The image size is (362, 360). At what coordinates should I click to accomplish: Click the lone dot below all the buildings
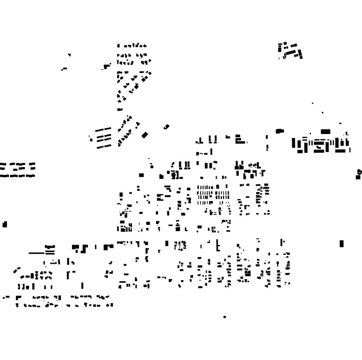pyautogui.click(x=225, y=317)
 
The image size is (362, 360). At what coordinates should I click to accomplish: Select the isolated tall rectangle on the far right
pyautogui.click(x=342, y=244)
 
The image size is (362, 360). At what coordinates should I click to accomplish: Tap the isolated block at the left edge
pyautogui.click(x=5, y=224)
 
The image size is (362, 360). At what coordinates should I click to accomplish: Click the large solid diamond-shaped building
pyautogui.click(x=145, y=135)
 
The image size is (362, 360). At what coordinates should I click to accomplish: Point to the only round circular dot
pyautogui.click(x=152, y=166)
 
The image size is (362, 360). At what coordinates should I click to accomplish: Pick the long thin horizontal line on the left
pyautogui.click(x=37, y=253)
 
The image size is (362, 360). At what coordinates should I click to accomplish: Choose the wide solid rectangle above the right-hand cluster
pyautogui.click(x=325, y=132)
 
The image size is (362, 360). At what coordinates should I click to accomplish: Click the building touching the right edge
pyautogui.click(x=359, y=174)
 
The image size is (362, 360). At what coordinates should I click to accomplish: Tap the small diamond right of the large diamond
pyautogui.click(x=167, y=127)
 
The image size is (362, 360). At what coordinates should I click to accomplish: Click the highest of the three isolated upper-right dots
pyautogui.click(x=313, y=103)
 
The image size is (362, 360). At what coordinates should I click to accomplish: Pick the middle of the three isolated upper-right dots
pyautogui.click(x=322, y=113)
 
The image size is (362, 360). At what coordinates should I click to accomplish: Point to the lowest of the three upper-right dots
pyautogui.click(x=341, y=124)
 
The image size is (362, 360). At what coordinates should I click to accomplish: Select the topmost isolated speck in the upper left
pyautogui.click(x=70, y=55)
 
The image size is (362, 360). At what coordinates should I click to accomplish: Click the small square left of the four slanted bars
pyautogui.click(x=90, y=138)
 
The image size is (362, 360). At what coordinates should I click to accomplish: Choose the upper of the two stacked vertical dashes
pyautogui.click(x=267, y=138)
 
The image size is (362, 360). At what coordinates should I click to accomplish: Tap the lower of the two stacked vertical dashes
pyautogui.click(x=267, y=148)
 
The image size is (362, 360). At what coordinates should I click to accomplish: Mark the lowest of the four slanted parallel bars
pyautogui.click(x=104, y=146)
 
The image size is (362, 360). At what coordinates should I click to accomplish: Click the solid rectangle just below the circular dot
pyautogui.click(x=142, y=175)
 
